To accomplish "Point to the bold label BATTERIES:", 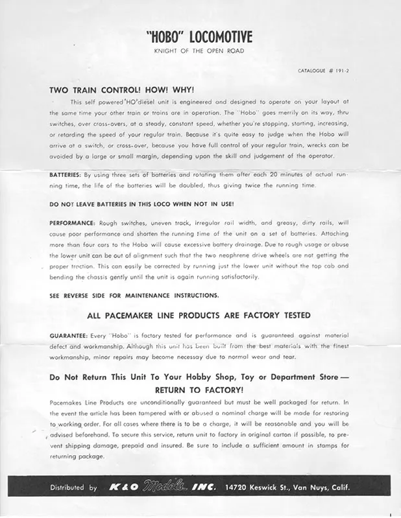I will tap(65, 175).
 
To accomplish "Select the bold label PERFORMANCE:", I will tap(72, 222).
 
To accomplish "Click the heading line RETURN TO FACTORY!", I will tap(199, 390).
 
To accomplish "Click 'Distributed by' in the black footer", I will tap(73, 488).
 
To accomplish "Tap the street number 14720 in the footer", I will tap(240, 488).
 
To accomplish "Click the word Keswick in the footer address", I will tap(275, 488).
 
